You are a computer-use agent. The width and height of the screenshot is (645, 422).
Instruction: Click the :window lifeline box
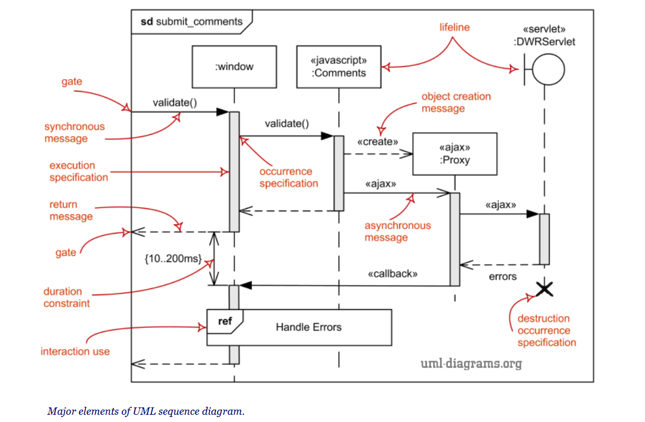coord(234,67)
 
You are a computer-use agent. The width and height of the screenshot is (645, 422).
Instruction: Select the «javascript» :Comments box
coord(338,67)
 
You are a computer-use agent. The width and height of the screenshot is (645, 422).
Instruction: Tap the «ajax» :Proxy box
coord(454,154)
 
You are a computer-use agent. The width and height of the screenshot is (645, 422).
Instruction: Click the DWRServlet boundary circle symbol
coord(547,70)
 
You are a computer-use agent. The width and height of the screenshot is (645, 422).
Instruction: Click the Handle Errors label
coord(308,327)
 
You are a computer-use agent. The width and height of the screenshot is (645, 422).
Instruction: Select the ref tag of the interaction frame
coord(225,321)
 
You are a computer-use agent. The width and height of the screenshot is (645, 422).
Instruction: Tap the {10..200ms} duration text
coord(172,259)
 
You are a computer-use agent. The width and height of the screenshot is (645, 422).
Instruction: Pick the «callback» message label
coord(393,274)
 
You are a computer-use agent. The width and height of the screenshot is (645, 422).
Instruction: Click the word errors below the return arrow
coord(503,276)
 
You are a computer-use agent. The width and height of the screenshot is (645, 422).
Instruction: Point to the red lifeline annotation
coord(454,27)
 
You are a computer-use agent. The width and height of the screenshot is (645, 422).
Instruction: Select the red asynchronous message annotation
coord(398,231)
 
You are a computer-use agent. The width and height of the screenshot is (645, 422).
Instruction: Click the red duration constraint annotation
coord(66,297)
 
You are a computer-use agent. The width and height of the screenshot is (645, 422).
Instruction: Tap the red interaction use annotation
coord(75,351)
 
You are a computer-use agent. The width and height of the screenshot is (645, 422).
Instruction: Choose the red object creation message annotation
coord(456,102)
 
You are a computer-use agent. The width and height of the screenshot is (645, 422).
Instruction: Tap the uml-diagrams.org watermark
coord(471,364)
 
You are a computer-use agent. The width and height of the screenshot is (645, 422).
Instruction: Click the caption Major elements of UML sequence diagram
coord(146,411)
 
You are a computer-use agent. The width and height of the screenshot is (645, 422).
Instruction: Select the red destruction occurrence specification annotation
coord(546,331)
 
